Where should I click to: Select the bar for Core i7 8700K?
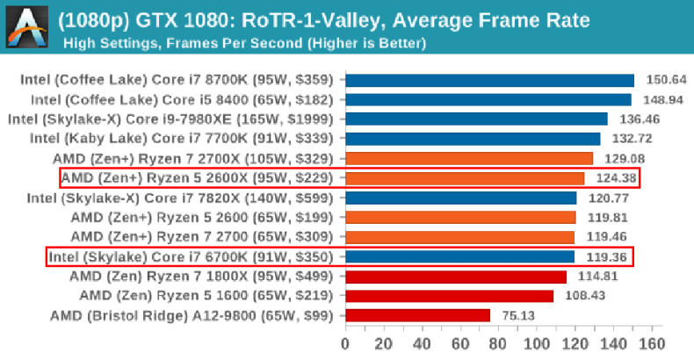(489, 81)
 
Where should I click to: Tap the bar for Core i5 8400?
(488, 100)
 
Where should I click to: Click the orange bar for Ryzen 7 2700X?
(469, 159)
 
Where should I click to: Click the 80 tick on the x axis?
(499, 342)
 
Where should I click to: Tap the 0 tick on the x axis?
(345, 342)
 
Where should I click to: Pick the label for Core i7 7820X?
(184, 198)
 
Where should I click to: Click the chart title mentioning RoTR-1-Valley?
(323, 19)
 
